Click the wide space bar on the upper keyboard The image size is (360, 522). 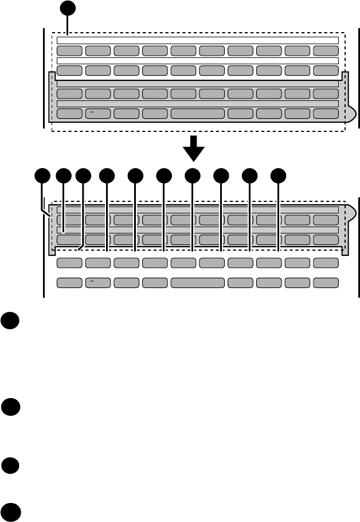click(198, 113)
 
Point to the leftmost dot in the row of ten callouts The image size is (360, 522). click(42, 176)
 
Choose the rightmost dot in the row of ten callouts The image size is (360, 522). click(279, 176)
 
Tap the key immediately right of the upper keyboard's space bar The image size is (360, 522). click(241, 113)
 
